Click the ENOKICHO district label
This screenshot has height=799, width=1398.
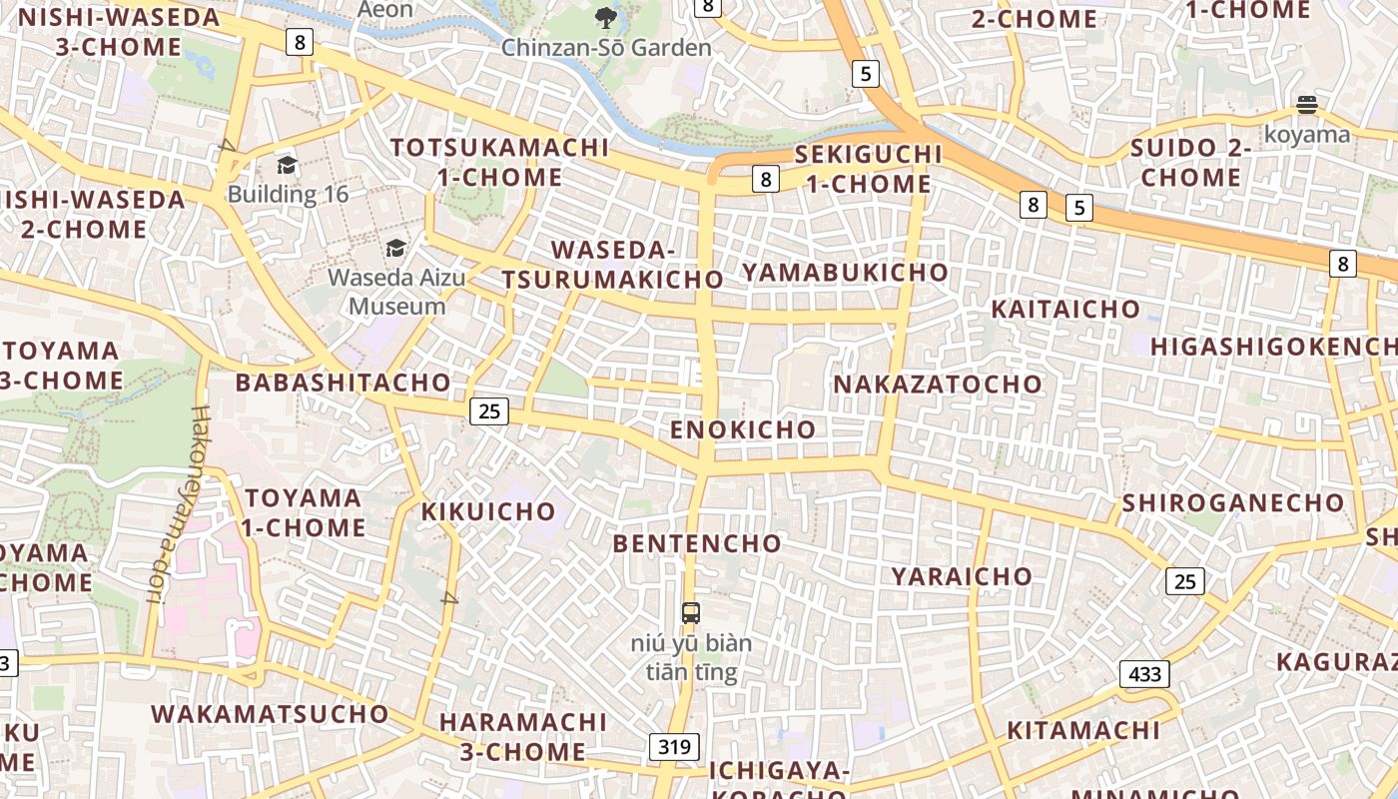pyautogui.click(x=743, y=429)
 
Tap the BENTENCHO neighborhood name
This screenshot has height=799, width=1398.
pyautogui.click(x=697, y=543)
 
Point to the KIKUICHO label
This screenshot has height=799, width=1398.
pyautogui.click(x=488, y=511)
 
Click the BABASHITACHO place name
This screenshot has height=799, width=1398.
pyautogui.click(x=344, y=383)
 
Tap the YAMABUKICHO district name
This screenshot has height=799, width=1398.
pyautogui.click(x=845, y=272)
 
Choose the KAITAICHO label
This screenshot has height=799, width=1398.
pyautogui.click(x=1065, y=310)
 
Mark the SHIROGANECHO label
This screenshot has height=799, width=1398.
pyautogui.click(x=1233, y=502)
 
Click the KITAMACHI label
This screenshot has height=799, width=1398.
pyautogui.click(x=1083, y=731)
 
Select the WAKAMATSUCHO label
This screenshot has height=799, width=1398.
pyautogui.click(x=270, y=714)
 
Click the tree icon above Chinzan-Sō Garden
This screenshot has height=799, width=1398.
pyautogui.click(x=605, y=17)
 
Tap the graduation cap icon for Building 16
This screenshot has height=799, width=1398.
pyautogui.click(x=288, y=166)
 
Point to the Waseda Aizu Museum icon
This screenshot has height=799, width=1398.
pyautogui.click(x=396, y=248)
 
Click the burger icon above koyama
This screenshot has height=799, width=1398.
pyautogui.click(x=1306, y=105)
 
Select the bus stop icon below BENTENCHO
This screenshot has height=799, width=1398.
pyautogui.click(x=690, y=612)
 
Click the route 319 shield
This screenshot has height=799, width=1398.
pyautogui.click(x=674, y=746)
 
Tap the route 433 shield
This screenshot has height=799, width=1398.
pyautogui.click(x=1144, y=674)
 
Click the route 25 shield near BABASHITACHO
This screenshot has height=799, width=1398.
pyautogui.click(x=489, y=410)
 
